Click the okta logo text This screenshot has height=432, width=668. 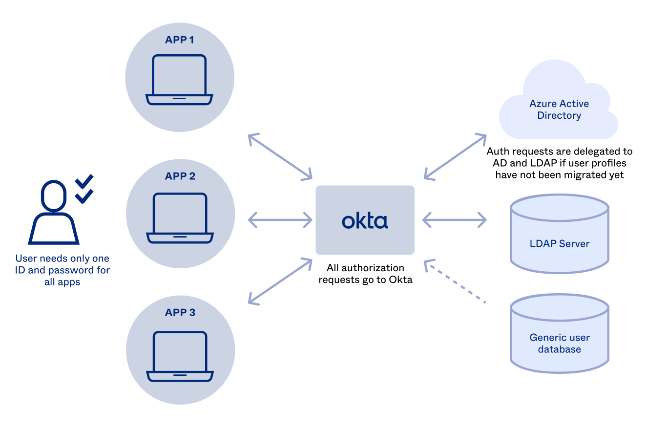click(365, 221)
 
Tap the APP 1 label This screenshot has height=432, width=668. click(180, 40)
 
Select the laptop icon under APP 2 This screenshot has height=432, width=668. click(180, 218)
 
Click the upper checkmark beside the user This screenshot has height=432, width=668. click(84, 181)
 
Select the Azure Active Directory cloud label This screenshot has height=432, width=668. click(559, 109)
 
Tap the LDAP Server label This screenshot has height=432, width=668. click(560, 243)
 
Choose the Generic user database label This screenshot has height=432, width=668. click(560, 343)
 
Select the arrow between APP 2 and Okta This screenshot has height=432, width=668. click(280, 220)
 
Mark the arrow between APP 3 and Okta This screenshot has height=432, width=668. click(280, 281)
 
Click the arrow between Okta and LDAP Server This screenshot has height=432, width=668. click(455, 220)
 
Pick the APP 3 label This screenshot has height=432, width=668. click(180, 313)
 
